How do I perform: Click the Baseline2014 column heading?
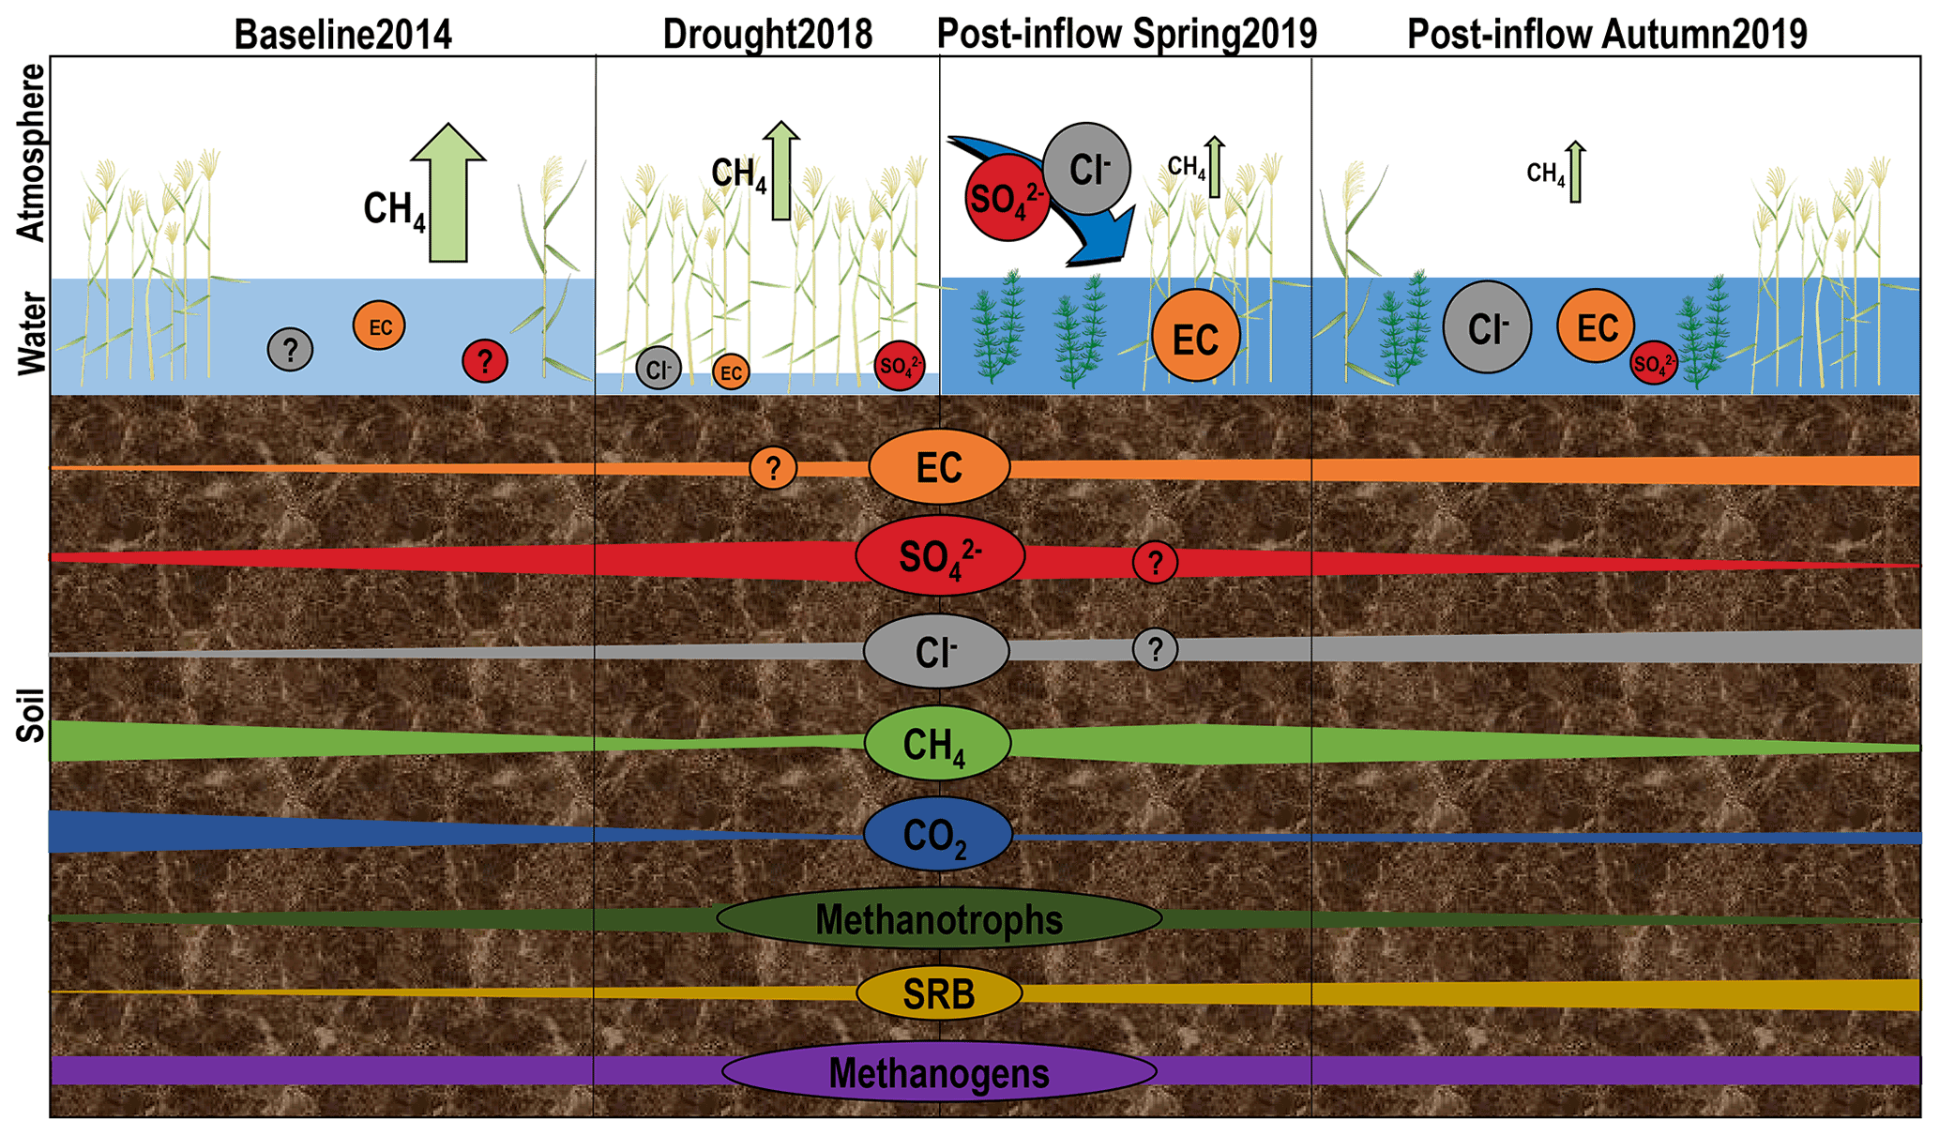(343, 35)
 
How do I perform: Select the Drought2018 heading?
(767, 35)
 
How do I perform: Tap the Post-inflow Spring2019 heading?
(1127, 35)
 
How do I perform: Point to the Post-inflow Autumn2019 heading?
(1607, 35)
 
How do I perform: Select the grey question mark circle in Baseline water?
(290, 350)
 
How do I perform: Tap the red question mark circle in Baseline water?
(485, 360)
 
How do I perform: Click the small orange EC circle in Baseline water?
(379, 326)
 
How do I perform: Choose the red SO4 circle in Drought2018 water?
(899, 366)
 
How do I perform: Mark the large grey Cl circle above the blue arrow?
(1086, 169)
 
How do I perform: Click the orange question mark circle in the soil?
(773, 467)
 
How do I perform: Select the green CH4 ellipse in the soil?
(937, 744)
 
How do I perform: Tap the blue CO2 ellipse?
(937, 834)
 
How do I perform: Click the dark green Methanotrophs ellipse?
(939, 918)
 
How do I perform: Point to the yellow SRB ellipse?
(939, 993)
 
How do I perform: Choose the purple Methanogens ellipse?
(939, 1072)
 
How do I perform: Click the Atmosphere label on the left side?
(32, 152)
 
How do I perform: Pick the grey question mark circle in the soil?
(1155, 649)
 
